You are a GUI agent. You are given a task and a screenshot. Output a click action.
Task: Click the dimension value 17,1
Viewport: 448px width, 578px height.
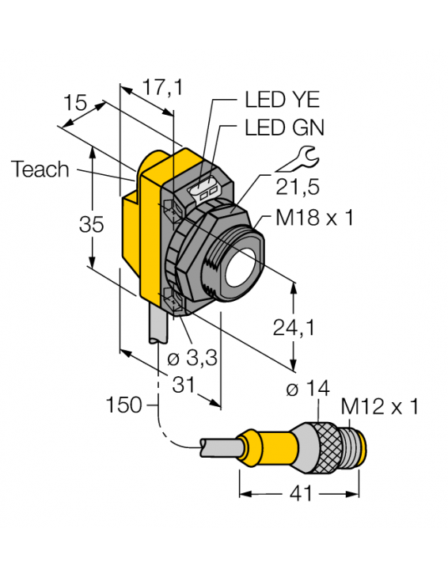(161, 87)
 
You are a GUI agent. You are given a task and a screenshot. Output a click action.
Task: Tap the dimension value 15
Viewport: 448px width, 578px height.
(75, 103)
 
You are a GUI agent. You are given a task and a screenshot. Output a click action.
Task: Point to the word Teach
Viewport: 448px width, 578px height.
(40, 169)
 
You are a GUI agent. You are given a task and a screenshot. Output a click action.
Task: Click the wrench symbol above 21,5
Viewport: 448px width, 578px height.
(298, 161)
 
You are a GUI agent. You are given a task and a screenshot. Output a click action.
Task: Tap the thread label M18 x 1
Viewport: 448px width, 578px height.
(313, 219)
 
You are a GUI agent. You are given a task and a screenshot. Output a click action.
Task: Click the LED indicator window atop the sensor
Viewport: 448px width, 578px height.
(207, 191)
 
